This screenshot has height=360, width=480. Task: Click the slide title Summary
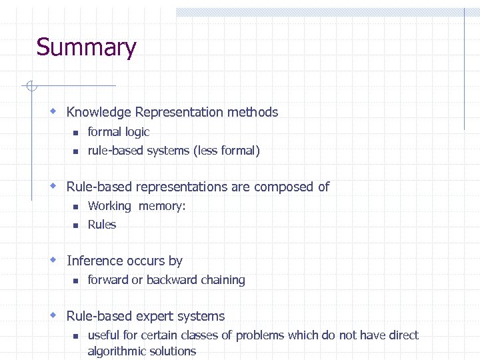(x=86, y=48)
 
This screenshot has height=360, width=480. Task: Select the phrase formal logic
(x=119, y=132)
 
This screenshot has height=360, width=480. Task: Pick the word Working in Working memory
(x=109, y=206)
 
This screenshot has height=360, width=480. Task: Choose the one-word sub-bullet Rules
(x=102, y=225)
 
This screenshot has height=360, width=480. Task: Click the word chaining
(x=223, y=280)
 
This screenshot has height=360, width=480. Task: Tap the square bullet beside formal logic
(x=76, y=133)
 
